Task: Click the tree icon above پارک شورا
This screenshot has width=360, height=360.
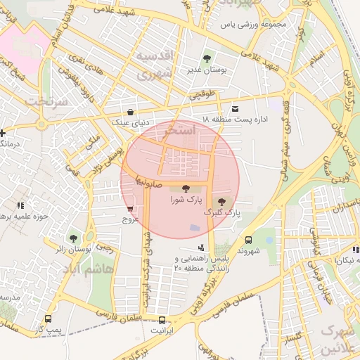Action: (186, 188)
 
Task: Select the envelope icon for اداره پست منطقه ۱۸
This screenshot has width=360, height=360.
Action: (234, 108)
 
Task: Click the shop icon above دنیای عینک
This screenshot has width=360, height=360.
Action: (131, 112)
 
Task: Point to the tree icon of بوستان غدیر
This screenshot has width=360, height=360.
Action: (206, 59)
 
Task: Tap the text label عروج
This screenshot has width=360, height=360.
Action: (131, 219)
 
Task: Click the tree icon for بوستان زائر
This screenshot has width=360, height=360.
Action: (74, 239)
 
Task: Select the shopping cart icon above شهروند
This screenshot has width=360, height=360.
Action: (247, 239)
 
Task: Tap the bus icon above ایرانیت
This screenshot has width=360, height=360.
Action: (162, 319)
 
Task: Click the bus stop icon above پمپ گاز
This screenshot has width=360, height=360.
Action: (47, 319)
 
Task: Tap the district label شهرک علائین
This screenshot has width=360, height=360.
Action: (339, 339)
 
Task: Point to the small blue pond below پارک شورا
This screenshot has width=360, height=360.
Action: (193, 228)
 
